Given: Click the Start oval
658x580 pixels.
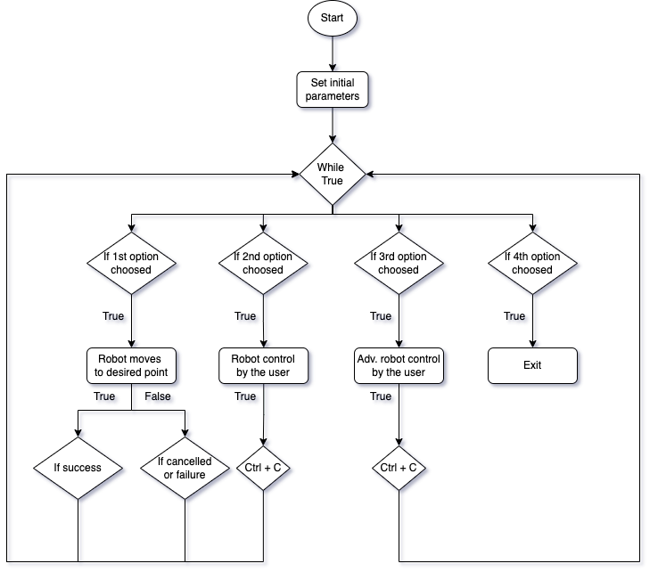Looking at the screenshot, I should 332,19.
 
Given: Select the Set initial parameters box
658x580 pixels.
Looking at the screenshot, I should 332,90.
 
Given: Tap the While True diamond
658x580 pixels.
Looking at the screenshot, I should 332,175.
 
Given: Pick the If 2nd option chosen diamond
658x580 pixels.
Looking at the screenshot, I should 263,264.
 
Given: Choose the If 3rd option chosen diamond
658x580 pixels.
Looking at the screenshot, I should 398,264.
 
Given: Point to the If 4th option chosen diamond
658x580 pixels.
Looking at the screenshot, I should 532,264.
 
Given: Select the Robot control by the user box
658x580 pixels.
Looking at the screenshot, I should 263,366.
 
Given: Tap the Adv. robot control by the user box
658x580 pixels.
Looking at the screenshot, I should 398,366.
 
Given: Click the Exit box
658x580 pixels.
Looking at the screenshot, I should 532,365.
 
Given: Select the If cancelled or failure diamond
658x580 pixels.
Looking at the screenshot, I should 185,468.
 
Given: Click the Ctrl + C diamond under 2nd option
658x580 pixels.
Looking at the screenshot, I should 263,468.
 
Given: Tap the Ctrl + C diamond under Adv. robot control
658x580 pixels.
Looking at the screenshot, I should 398,468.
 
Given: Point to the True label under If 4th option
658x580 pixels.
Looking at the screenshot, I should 516,317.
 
